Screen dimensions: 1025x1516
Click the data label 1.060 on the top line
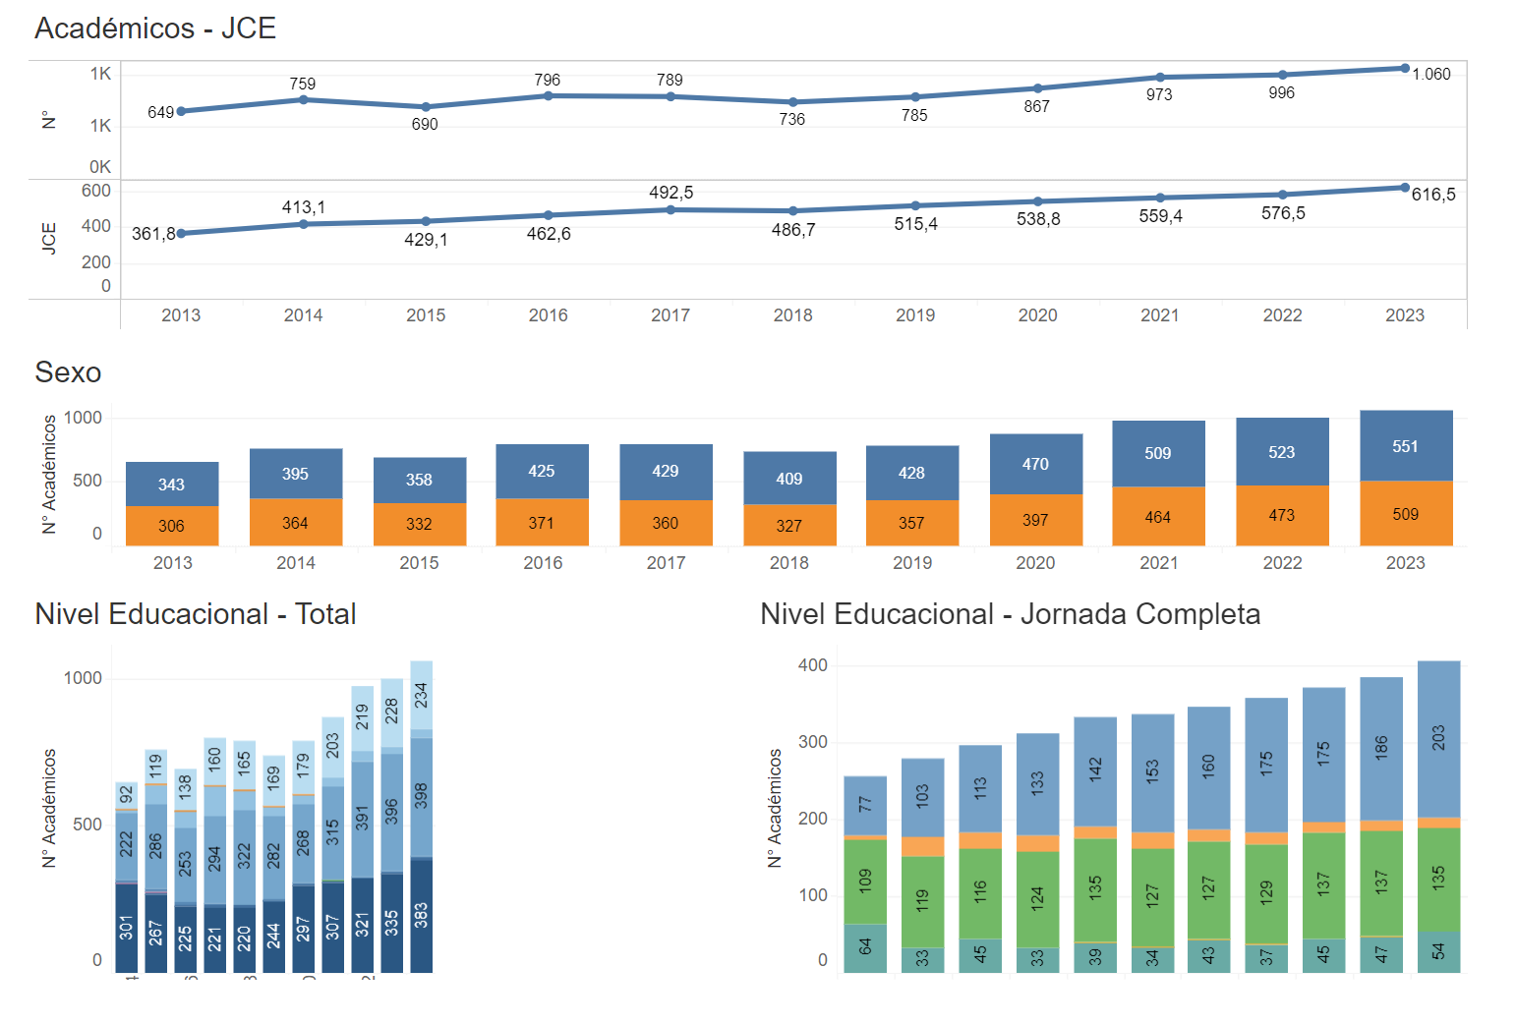click(1430, 75)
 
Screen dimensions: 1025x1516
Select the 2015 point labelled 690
click(426, 107)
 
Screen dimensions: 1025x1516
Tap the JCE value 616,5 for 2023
click(1432, 195)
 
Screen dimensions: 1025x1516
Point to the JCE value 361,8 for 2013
click(153, 234)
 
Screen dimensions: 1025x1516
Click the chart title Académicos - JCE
click(155, 28)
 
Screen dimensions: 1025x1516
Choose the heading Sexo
click(68, 372)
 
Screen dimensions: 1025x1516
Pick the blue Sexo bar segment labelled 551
click(1405, 446)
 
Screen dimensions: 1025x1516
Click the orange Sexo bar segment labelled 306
click(172, 526)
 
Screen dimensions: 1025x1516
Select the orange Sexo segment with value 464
click(1158, 517)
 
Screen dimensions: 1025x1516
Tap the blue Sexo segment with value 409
click(789, 479)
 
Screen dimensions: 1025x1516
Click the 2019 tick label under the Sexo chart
click(912, 563)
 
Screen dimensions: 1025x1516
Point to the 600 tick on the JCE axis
click(96, 191)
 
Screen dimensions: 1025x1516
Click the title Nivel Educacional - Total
click(196, 614)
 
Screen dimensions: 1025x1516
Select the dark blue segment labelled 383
click(421, 916)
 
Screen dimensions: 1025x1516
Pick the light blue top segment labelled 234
click(421, 695)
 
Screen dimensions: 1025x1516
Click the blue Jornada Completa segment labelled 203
click(1438, 738)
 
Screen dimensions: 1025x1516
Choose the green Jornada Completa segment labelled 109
click(865, 881)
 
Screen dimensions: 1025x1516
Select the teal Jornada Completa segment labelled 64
click(865, 947)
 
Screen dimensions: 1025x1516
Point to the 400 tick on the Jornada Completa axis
click(813, 665)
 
